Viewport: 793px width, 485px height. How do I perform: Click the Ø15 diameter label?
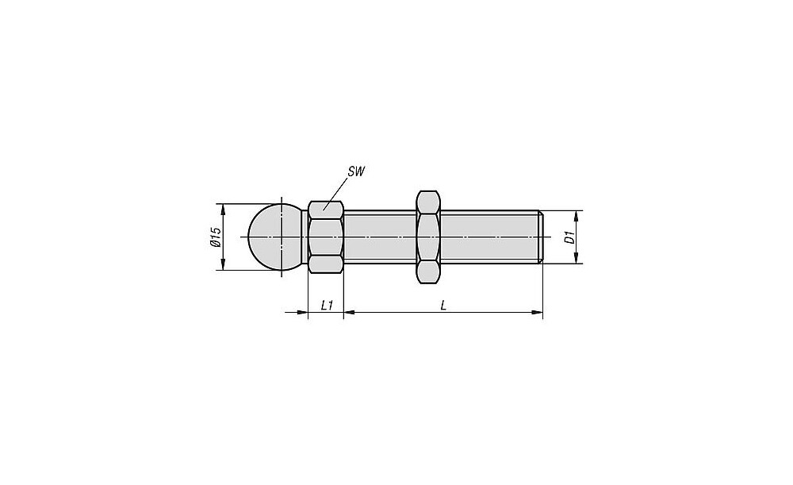coord(216,237)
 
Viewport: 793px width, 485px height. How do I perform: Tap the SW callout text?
coord(356,171)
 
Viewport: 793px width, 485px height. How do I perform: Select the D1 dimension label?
coord(570,237)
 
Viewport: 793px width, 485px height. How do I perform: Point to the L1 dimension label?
coord(327,306)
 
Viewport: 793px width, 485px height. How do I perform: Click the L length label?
coord(443,306)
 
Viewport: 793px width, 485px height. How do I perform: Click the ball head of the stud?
coord(275,237)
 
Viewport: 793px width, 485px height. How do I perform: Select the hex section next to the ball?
coord(326,237)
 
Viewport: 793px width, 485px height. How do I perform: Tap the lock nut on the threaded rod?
coord(428,237)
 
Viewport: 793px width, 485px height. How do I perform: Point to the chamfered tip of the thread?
coord(541,237)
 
